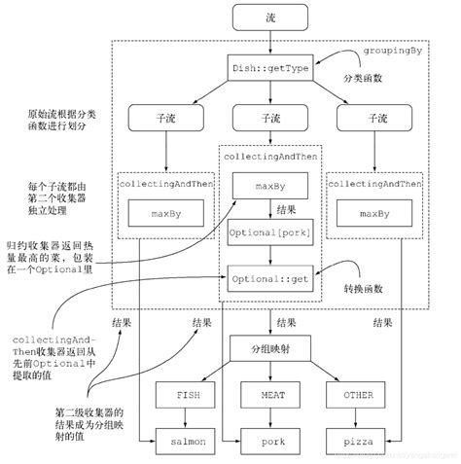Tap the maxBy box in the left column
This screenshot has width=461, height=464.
coord(166,213)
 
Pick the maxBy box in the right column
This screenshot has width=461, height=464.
coord(373,213)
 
